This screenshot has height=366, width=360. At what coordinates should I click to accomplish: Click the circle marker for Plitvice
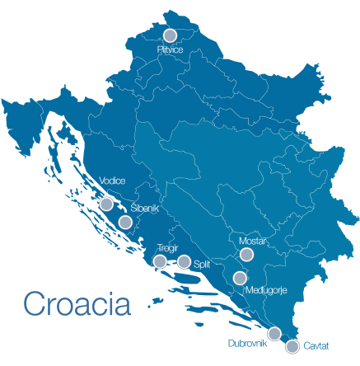click(x=171, y=35)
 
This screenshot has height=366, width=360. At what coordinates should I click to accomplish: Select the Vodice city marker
click(x=106, y=204)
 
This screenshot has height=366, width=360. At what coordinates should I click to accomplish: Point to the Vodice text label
click(x=112, y=181)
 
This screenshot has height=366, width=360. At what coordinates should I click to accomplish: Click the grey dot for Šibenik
click(x=125, y=222)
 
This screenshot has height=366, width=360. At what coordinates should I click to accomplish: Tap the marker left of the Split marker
click(x=160, y=261)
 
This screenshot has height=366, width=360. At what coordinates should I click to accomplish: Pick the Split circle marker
click(x=184, y=262)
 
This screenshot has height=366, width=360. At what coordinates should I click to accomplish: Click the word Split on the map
click(x=203, y=264)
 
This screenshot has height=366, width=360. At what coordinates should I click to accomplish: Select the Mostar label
click(x=252, y=241)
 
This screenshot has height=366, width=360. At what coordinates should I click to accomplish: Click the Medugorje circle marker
click(x=240, y=278)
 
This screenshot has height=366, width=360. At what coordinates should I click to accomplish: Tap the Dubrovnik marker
click(x=274, y=333)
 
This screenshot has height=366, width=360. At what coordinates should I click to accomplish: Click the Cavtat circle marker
click(x=292, y=346)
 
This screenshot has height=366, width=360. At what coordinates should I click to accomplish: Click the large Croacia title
click(x=77, y=303)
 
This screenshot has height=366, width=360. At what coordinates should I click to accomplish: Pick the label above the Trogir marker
click(x=167, y=247)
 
